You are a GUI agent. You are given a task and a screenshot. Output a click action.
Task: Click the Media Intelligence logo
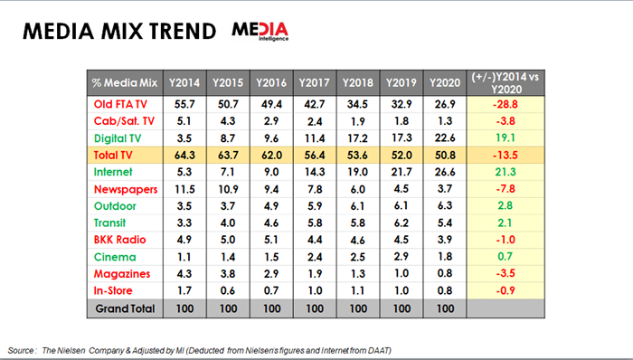[260, 31]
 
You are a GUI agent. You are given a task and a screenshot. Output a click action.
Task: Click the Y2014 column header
[184, 82]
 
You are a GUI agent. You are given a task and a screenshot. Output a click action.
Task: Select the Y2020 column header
[445, 82]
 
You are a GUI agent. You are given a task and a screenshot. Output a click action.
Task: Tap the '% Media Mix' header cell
[125, 82]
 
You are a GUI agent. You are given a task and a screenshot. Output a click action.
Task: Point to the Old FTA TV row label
[120, 104]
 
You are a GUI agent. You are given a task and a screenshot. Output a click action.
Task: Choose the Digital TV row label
[118, 138]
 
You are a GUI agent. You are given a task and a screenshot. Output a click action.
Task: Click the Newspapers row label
[126, 189]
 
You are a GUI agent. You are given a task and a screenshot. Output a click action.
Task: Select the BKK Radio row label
[119, 240]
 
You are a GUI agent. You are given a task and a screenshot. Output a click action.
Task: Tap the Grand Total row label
[125, 308]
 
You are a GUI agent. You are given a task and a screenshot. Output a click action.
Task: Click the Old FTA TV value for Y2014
[184, 104]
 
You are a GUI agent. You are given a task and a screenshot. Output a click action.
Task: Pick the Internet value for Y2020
[445, 172]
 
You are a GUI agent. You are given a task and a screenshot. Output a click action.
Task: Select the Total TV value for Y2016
[271, 156]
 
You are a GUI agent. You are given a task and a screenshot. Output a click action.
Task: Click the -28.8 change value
[505, 105]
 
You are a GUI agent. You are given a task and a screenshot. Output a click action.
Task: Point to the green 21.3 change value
[505, 172]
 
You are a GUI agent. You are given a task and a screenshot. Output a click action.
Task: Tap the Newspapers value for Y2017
[315, 189]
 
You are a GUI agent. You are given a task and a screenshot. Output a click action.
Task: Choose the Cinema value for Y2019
[402, 257]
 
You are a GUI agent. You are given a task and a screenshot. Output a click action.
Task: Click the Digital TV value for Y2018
[358, 138]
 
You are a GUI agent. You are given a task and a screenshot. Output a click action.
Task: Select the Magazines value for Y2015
[228, 274]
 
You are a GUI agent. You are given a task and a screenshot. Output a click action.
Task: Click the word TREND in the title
[182, 31]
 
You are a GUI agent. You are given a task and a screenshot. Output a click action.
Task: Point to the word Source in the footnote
[20, 350]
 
